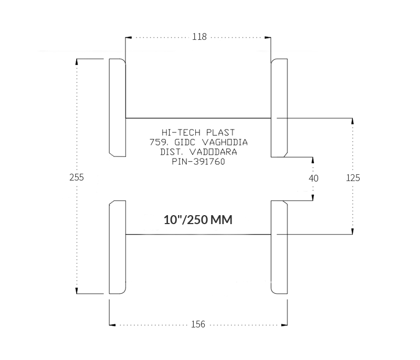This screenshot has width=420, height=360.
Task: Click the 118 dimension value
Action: click(x=199, y=37)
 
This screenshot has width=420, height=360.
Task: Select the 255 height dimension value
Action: click(x=77, y=177)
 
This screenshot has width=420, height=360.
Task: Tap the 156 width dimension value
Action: click(x=198, y=324)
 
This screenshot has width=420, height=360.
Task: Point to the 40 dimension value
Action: click(x=313, y=178)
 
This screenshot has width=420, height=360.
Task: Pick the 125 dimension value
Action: click(x=353, y=178)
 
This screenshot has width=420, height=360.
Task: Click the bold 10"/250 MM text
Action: click(x=198, y=220)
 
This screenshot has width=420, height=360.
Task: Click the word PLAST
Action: click(x=220, y=132)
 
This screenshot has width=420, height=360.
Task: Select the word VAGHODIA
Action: click(x=225, y=142)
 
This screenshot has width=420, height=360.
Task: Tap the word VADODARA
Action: click(x=213, y=152)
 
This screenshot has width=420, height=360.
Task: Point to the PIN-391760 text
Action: click(x=198, y=162)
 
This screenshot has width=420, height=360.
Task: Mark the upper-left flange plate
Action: click(x=117, y=108)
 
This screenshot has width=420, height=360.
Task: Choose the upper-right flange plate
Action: click(x=279, y=108)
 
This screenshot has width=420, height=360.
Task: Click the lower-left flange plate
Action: click(x=117, y=247)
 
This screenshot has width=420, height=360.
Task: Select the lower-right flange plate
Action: click(x=279, y=247)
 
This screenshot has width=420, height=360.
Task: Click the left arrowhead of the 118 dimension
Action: click(x=128, y=37)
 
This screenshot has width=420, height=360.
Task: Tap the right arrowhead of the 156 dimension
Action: click(x=285, y=325)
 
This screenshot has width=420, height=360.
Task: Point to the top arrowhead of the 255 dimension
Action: click(x=77, y=62)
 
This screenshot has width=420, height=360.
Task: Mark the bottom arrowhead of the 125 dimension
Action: click(x=352, y=231)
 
